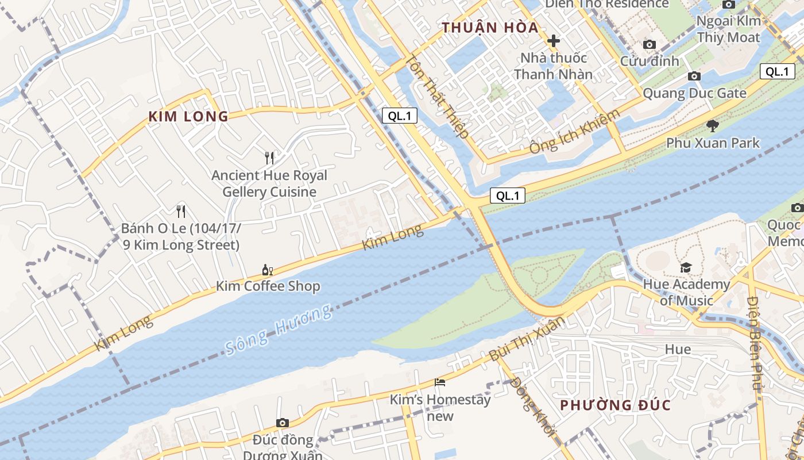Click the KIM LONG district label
188,117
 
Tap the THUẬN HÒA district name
490,28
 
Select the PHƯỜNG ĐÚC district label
615,405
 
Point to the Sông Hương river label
279,330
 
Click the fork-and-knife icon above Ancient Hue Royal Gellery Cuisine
269,158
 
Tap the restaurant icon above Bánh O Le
181,211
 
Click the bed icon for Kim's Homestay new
440,382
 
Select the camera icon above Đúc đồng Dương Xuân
282,423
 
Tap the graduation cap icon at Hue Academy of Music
686,267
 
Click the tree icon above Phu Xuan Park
713,125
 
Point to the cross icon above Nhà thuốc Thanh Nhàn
554,41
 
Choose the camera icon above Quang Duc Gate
694,76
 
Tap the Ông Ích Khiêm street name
575,131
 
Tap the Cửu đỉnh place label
649,61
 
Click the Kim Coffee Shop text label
268,286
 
